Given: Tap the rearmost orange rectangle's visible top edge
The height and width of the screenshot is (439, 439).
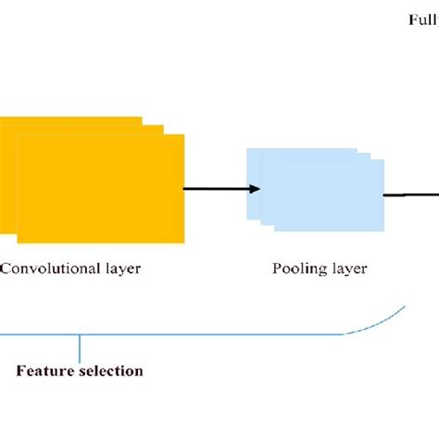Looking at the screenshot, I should [x=70, y=119].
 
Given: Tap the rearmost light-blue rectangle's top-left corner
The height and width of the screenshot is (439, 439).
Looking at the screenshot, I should [x=248, y=149].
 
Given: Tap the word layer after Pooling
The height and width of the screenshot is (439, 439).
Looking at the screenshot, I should [x=351, y=270].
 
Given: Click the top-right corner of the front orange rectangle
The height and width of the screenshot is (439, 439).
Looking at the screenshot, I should [x=183, y=136].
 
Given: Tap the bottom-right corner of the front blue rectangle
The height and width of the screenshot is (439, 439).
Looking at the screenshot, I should [x=383, y=230].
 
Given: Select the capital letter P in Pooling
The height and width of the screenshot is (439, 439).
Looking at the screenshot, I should [x=276, y=270].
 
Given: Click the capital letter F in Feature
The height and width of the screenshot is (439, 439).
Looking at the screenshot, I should [x=21, y=371].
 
